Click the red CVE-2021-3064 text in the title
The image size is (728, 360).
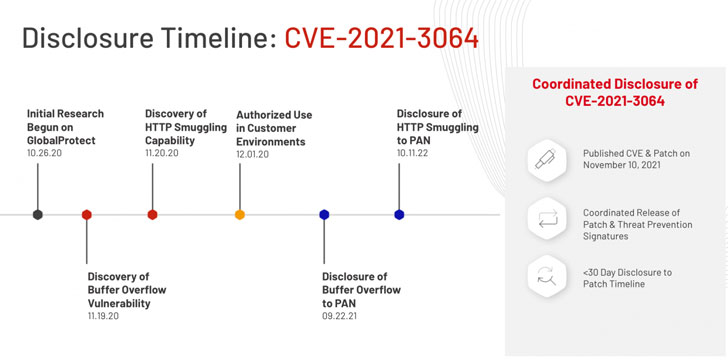pos(382,38)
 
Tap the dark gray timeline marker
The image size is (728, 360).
pos(38,215)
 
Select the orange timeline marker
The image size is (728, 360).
pos(240,215)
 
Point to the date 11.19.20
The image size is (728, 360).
pos(103,316)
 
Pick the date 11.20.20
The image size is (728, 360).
pos(162,152)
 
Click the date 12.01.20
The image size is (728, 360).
pos(252,154)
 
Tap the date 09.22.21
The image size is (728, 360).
pos(339,316)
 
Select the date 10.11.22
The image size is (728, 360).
pos(412,152)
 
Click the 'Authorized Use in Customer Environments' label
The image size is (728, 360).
pos(274,128)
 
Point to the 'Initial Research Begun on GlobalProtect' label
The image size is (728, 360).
pos(65,127)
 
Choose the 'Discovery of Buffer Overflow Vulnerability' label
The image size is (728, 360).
pos(127,290)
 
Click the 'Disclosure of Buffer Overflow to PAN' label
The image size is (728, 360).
pos(361,290)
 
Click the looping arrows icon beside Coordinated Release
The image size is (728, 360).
pos(547,218)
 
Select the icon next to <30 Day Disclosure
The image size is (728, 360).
pos(546,276)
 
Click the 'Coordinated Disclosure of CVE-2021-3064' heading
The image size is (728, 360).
pos(615,92)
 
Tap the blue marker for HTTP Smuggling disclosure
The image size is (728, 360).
pos(399,215)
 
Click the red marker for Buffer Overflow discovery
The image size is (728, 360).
pos(86,215)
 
